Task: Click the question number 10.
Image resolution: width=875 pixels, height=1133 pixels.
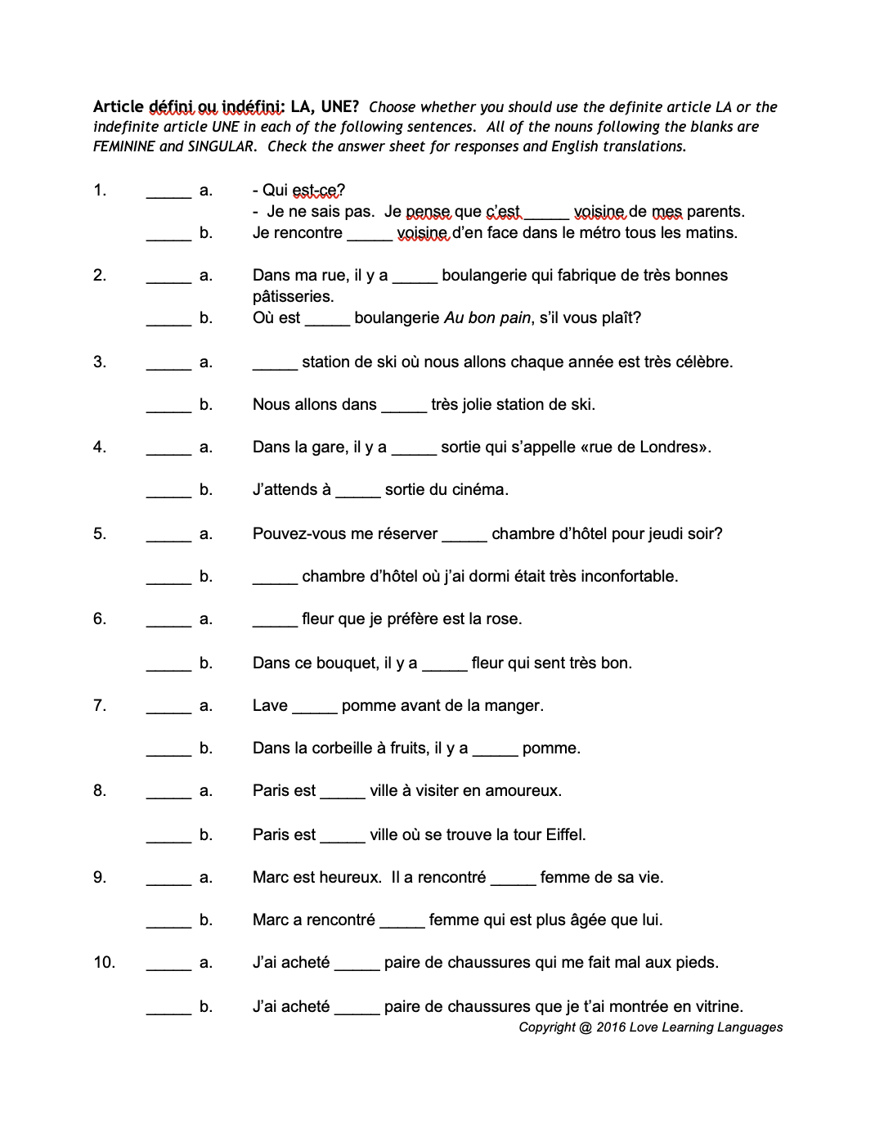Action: click(x=104, y=963)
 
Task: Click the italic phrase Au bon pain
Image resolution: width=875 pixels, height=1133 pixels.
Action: click(x=487, y=318)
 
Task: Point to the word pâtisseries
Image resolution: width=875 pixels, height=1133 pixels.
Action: click(x=293, y=297)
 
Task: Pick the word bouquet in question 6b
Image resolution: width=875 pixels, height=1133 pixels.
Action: click(x=346, y=663)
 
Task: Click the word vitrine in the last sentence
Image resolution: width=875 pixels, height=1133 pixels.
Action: click(x=716, y=1007)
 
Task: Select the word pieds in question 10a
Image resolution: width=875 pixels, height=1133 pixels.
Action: click(x=696, y=963)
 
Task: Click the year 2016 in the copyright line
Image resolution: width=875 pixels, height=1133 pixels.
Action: click(x=611, y=1027)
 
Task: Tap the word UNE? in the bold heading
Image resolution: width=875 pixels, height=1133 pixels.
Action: click(x=339, y=106)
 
